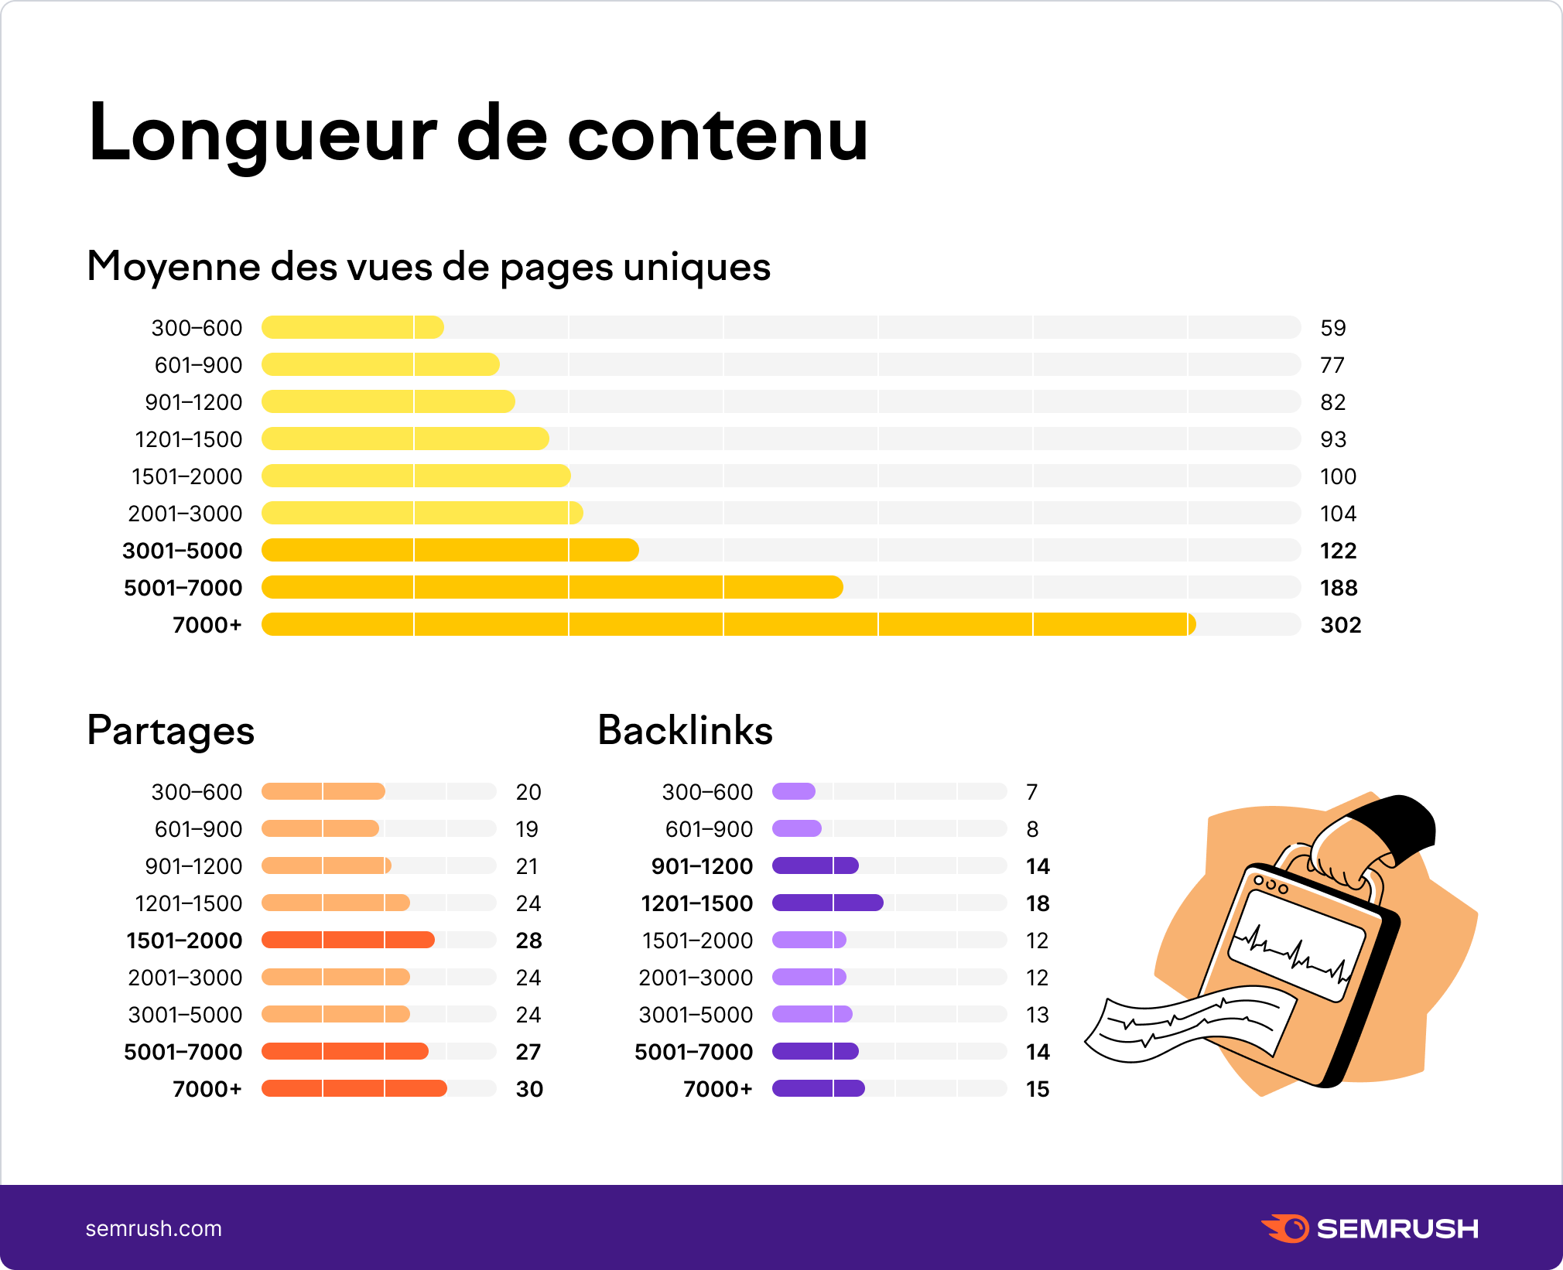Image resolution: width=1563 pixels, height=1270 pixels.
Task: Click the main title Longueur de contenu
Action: click(477, 133)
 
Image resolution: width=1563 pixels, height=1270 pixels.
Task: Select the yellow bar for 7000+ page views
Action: click(727, 624)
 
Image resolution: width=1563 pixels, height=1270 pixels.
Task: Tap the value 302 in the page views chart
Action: click(1340, 625)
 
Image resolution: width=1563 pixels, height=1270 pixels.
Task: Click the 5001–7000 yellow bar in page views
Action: click(551, 587)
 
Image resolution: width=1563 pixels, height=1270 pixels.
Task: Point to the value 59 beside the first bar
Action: click(1332, 328)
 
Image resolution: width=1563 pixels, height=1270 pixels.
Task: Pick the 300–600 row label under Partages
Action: click(197, 792)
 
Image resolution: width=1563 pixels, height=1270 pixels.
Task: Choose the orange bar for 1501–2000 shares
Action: click(347, 940)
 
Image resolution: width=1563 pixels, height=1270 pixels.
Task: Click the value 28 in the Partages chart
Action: click(528, 941)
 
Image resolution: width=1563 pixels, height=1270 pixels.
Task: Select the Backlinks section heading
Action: click(685, 730)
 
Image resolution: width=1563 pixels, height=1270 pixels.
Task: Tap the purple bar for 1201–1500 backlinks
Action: click(827, 903)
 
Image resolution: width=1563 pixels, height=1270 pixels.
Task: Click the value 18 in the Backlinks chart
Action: click(1037, 903)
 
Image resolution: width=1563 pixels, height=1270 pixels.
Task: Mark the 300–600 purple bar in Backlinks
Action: click(793, 791)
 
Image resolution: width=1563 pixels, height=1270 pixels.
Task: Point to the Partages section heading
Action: click(170, 730)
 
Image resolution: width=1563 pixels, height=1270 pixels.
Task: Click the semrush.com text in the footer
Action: click(153, 1228)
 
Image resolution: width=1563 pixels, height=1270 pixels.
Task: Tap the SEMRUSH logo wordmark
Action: click(1397, 1228)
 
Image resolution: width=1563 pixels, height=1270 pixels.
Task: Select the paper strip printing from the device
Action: click(1192, 1021)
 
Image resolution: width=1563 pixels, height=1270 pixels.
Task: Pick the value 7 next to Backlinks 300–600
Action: click(1031, 792)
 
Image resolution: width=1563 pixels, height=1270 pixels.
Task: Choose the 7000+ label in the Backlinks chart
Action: click(717, 1089)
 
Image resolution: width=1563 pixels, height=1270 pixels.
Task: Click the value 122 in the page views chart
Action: click(1338, 551)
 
